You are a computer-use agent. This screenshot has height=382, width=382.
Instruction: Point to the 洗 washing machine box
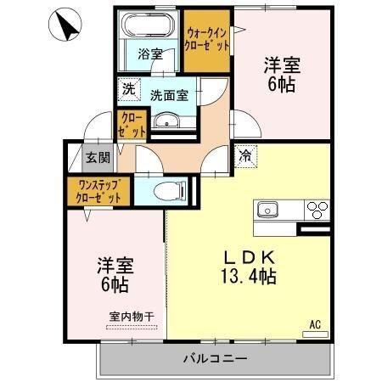point(127,88)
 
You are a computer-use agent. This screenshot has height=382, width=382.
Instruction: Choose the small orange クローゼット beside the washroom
point(131,126)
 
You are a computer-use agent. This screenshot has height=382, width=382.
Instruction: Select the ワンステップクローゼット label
point(94,189)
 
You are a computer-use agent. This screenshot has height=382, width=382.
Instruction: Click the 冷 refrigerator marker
point(244,155)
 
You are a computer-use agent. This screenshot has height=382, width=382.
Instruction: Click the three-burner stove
point(316,209)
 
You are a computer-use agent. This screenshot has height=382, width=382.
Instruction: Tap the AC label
point(314,323)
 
